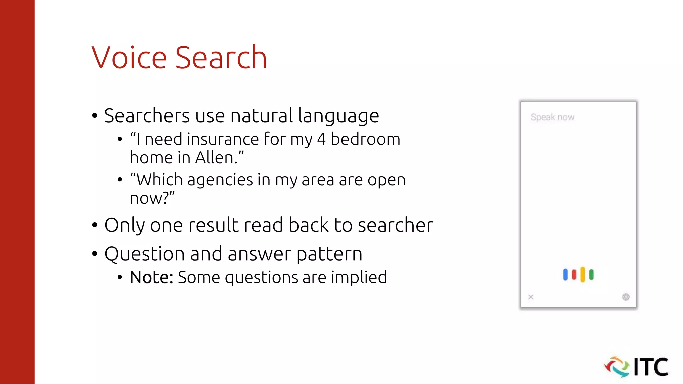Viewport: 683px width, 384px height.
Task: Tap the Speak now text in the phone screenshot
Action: point(552,117)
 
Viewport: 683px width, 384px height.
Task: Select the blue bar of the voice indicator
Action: point(565,275)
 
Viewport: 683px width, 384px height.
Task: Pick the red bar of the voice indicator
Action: point(574,275)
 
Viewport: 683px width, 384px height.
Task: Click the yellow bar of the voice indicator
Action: point(583,274)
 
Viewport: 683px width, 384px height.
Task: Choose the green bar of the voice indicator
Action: point(591,275)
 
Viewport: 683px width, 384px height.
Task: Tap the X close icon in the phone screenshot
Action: point(531,297)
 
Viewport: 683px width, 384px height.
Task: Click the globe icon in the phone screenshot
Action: point(626,297)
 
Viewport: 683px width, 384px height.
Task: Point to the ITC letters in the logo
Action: point(651,367)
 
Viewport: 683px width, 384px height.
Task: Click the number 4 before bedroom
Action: point(321,139)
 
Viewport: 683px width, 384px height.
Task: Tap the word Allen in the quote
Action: point(215,158)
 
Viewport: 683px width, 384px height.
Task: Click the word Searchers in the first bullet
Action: point(147,116)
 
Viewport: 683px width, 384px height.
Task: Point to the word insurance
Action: point(223,139)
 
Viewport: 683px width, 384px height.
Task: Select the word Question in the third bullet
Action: point(145,254)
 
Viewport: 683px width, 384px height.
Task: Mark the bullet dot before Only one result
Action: point(95,225)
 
